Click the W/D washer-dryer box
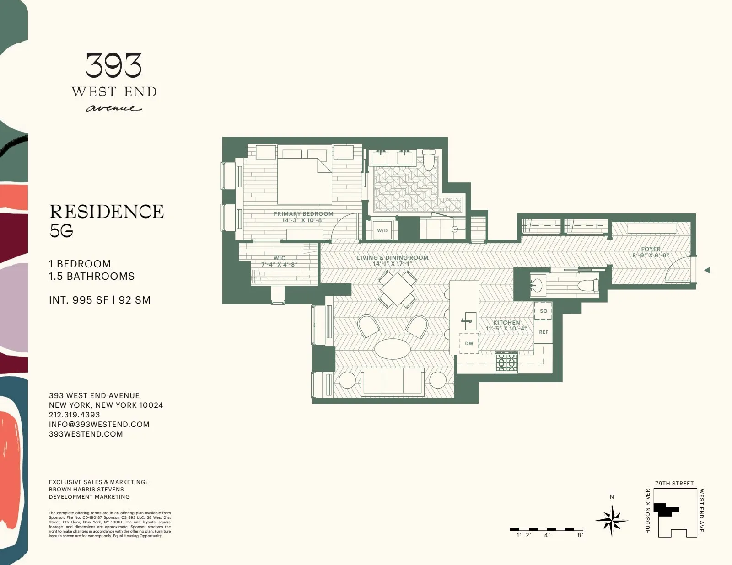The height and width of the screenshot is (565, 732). tap(382, 230)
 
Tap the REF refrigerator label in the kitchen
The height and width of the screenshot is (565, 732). tap(544, 332)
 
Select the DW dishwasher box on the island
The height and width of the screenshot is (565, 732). tap(469, 343)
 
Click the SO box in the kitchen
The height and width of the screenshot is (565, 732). tap(544, 311)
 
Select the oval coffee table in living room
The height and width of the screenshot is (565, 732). tap(393, 349)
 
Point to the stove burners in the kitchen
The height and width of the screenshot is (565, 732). tap(506, 362)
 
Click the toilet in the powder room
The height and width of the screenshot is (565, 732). tap(588, 286)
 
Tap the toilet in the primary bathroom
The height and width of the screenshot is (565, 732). tap(429, 160)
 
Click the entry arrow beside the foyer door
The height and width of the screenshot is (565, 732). tap(707, 270)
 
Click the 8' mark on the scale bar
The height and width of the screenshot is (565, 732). tap(580, 535)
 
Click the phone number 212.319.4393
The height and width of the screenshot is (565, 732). tap(74, 415)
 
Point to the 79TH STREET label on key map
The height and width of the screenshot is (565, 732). tap(674, 483)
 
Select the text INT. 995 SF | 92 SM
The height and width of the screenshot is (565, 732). tap(100, 300)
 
